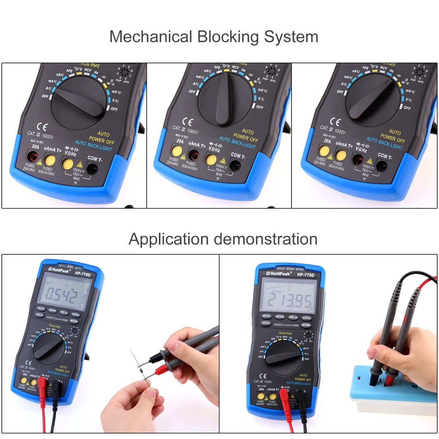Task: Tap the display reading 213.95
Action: pos(288,301)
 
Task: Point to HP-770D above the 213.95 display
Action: pos(306,275)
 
